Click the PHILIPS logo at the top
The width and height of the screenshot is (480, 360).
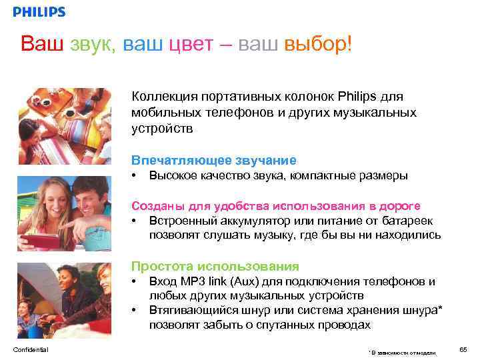coord(39,12)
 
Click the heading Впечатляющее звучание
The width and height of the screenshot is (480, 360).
coord(213,160)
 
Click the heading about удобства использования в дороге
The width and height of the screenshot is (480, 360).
coord(276,206)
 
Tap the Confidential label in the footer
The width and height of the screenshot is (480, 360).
coord(30,349)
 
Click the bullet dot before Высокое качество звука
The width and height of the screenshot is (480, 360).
coord(135,176)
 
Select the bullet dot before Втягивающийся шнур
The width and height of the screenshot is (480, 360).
coord(135,310)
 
